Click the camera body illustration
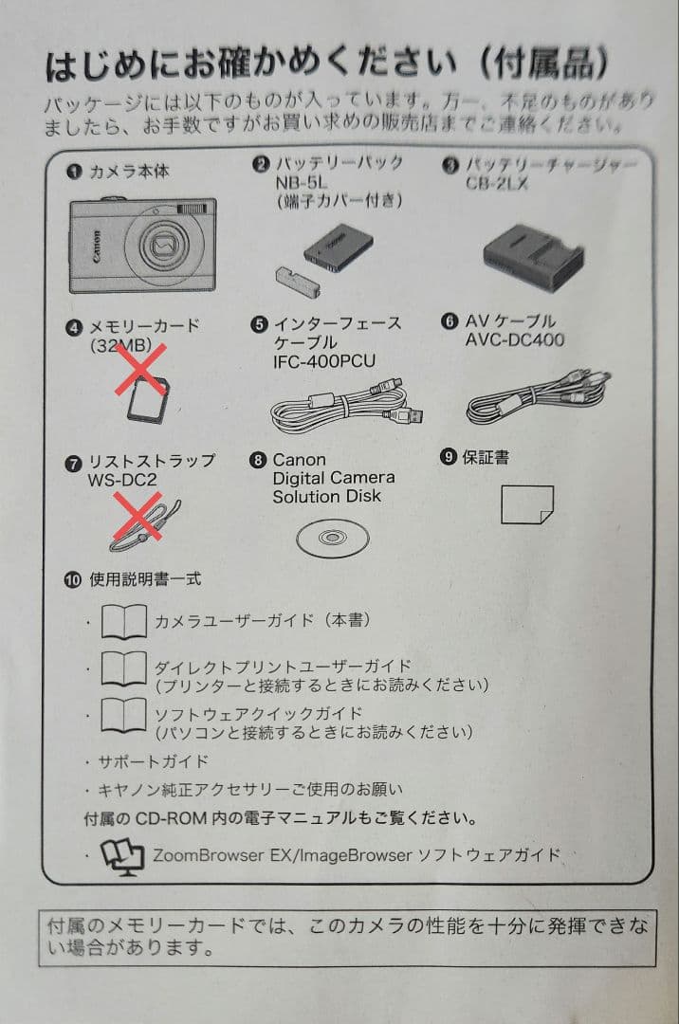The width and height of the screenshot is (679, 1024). click(x=142, y=245)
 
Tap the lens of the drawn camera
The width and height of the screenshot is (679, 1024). click(x=164, y=247)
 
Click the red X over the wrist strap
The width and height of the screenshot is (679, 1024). click(x=138, y=521)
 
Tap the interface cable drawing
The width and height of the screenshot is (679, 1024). click(x=346, y=403)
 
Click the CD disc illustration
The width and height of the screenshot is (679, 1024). click(x=331, y=538)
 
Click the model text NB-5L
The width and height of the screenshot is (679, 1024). click(x=302, y=182)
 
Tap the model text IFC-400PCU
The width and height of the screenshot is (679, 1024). click(x=323, y=361)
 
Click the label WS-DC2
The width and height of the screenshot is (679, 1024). click(x=122, y=479)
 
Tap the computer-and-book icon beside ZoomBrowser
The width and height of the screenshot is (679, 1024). click(x=123, y=854)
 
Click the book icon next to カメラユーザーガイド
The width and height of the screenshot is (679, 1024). click(x=124, y=622)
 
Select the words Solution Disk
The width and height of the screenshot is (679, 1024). click(x=326, y=496)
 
